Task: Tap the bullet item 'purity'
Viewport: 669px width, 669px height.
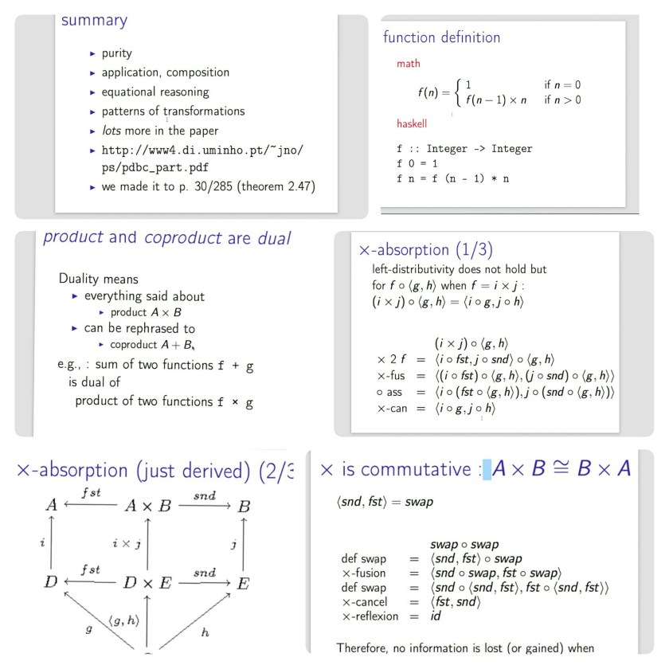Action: [116, 53]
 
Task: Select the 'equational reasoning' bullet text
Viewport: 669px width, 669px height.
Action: [155, 92]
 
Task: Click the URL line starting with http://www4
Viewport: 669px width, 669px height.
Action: [202, 150]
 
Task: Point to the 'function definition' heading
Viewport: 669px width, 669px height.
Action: [441, 37]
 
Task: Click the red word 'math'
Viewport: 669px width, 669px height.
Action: [408, 64]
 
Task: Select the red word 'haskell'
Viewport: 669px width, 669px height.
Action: [412, 124]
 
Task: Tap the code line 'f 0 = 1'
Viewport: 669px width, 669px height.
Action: [417, 163]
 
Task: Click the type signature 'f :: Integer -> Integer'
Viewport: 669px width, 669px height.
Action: [464, 149]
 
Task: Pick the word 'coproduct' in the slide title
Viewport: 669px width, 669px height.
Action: [180, 237]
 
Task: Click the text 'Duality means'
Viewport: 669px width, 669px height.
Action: [98, 279]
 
